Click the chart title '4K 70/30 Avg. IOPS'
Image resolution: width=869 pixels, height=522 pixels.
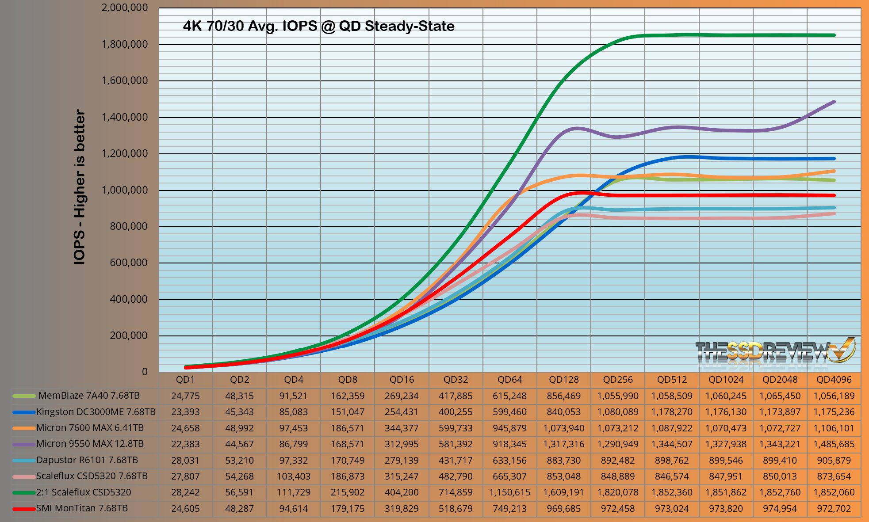pyautogui.click(x=318, y=26)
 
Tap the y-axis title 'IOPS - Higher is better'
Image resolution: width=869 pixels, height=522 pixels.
pyautogui.click(x=80, y=187)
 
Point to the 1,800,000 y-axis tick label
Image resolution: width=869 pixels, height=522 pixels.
pyautogui.click(x=125, y=44)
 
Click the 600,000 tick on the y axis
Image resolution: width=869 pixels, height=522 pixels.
pyautogui.click(x=128, y=263)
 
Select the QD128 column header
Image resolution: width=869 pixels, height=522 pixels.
pyautogui.click(x=564, y=380)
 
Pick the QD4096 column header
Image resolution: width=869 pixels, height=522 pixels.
pyautogui.click(x=834, y=380)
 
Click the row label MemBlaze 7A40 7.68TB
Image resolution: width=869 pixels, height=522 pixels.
pyautogui.click(x=89, y=396)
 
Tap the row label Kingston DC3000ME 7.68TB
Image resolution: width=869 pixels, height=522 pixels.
pyautogui.click(x=96, y=412)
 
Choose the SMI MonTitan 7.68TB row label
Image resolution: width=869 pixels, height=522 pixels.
pyautogui.click(x=82, y=508)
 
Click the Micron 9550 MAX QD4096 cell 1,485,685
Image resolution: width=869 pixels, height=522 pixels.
pyautogui.click(x=834, y=444)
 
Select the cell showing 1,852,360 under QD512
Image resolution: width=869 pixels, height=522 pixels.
pyautogui.click(x=672, y=492)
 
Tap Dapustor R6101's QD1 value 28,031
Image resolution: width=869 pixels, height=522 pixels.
pyautogui.click(x=185, y=460)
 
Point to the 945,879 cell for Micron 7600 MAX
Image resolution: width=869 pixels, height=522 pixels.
pyautogui.click(x=509, y=428)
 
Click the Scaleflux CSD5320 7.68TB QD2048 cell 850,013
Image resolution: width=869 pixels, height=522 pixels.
pyautogui.click(x=780, y=476)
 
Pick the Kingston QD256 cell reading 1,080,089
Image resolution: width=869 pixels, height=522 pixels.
pyautogui.click(x=618, y=412)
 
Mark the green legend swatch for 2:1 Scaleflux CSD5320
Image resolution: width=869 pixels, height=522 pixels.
pyautogui.click(x=24, y=492)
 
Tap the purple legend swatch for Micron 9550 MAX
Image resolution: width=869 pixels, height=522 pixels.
pyautogui.click(x=24, y=444)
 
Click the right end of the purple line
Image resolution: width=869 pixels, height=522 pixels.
pyautogui.click(x=834, y=102)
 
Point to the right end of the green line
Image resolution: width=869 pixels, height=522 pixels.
pyautogui.click(x=834, y=35)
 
